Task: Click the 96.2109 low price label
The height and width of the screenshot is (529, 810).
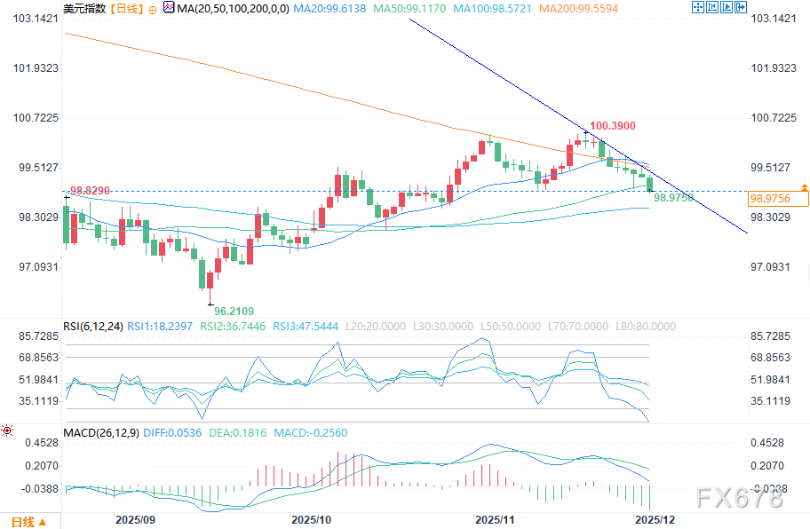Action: pyautogui.click(x=234, y=311)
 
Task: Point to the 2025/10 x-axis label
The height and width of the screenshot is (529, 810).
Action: pyautogui.click(x=312, y=518)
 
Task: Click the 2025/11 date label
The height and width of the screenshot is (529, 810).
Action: pyautogui.click(x=495, y=518)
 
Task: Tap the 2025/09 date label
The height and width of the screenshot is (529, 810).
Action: pyautogui.click(x=135, y=518)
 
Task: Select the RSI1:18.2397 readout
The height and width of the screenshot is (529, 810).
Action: pyautogui.click(x=159, y=327)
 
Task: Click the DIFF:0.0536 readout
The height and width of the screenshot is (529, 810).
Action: pyautogui.click(x=170, y=433)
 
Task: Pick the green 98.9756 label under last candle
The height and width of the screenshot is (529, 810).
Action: pyautogui.click(x=672, y=199)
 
